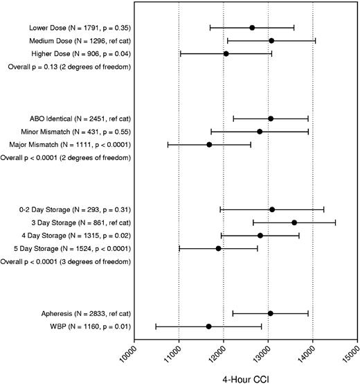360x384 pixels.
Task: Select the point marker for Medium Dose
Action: coord(271,41)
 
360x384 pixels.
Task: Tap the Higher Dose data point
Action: coord(226,53)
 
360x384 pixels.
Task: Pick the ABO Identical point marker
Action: coord(271,119)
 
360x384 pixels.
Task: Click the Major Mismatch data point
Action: coord(209,144)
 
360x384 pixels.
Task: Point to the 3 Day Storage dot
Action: coord(294,222)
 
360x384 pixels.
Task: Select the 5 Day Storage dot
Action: coord(219,248)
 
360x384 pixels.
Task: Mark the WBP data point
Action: coord(209,326)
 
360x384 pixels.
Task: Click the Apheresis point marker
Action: coord(270,313)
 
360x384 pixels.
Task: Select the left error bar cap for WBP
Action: coord(156,326)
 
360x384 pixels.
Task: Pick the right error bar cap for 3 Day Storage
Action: coord(336,222)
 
